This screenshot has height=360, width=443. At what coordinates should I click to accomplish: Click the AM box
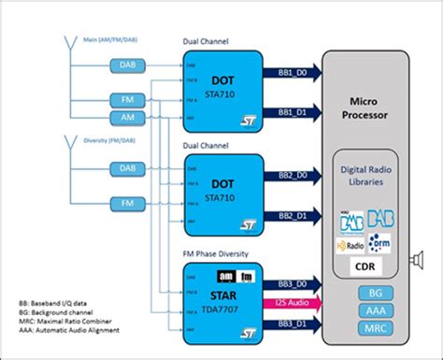tap(127, 116)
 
